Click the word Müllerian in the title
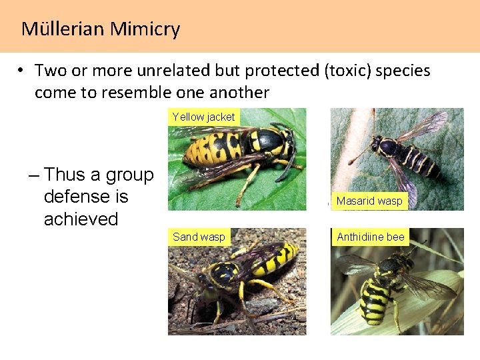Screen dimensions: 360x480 62,29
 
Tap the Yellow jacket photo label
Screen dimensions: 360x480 203,117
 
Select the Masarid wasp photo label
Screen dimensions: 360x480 369,201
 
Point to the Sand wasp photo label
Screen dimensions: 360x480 199,237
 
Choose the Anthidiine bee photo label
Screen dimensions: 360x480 371,237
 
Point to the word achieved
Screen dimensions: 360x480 81,219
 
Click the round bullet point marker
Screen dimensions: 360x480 22,71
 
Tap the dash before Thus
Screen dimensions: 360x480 35,175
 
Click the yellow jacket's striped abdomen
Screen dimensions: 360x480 213,146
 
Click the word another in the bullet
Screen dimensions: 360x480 239,92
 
